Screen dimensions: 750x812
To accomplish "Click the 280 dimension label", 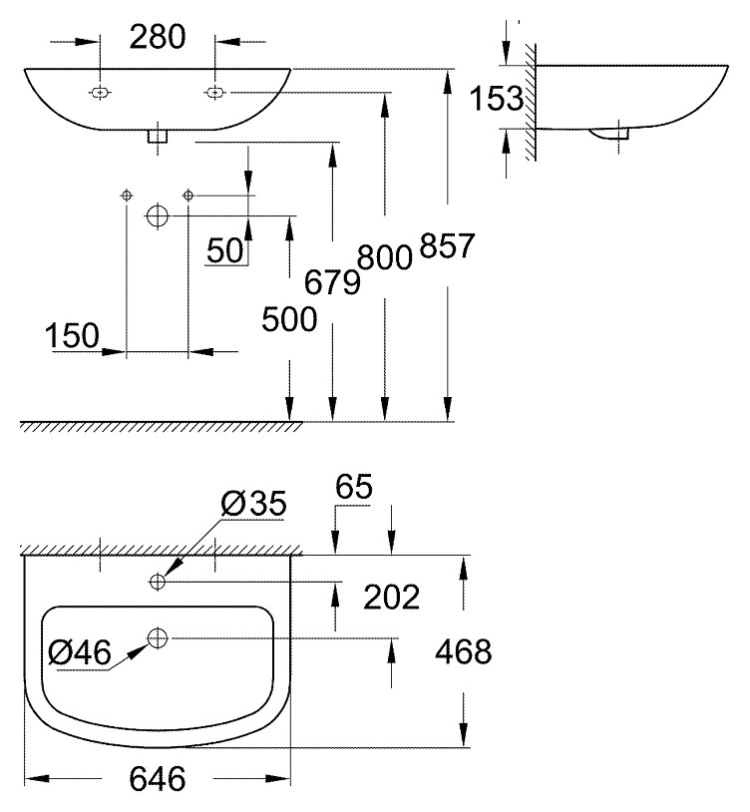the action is click(158, 37).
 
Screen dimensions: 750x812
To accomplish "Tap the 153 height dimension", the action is click(496, 98).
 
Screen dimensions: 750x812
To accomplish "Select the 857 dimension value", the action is click(447, 245).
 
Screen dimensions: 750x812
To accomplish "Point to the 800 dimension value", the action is click(385, 256).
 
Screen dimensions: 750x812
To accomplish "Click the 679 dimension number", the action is click(332, 282).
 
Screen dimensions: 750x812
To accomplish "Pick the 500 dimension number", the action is click(289, 319).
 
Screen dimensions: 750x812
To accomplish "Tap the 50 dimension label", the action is click(224, 250).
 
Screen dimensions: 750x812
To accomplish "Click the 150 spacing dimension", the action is click(72, 335).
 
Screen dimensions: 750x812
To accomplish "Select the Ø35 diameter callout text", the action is click(253, 504).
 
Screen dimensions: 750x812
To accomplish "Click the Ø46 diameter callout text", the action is click(80, 651).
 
